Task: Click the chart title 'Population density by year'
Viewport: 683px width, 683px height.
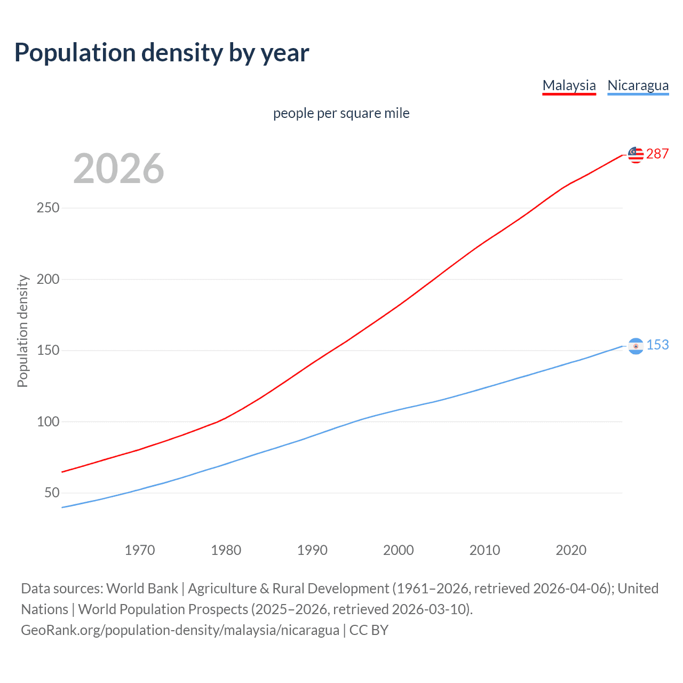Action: point(162,53)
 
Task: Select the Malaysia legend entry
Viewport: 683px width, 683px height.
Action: point(569,85)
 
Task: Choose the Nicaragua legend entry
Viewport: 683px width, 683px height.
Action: point(638,85)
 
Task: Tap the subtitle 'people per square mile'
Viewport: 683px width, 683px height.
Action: point(341,113)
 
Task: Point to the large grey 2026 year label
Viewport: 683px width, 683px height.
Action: point(118,169)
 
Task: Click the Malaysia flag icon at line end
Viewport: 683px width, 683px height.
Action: point(636,155)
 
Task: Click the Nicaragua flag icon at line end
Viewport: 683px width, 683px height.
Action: point(636,346)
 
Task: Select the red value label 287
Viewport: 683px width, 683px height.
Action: point(657,154)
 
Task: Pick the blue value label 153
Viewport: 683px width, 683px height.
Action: point(657,345)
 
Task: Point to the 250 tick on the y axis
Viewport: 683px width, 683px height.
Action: point(48,208)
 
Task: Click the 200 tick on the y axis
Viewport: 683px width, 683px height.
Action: point(48,279)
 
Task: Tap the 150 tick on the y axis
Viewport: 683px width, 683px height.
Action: point(48,350)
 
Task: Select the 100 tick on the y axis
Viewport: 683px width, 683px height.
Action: point(48,422)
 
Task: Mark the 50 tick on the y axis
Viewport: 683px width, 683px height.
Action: point(52,493)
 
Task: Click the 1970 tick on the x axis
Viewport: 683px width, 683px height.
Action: point(140,550)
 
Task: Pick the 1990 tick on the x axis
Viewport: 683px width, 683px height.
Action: point(312,550)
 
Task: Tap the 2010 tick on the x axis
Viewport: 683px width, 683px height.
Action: point(485,550)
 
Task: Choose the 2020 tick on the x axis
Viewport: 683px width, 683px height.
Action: point(571,550)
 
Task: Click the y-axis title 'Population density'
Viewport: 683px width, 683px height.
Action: point(22,331)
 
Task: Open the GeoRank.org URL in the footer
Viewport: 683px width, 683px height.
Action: point(180,630)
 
